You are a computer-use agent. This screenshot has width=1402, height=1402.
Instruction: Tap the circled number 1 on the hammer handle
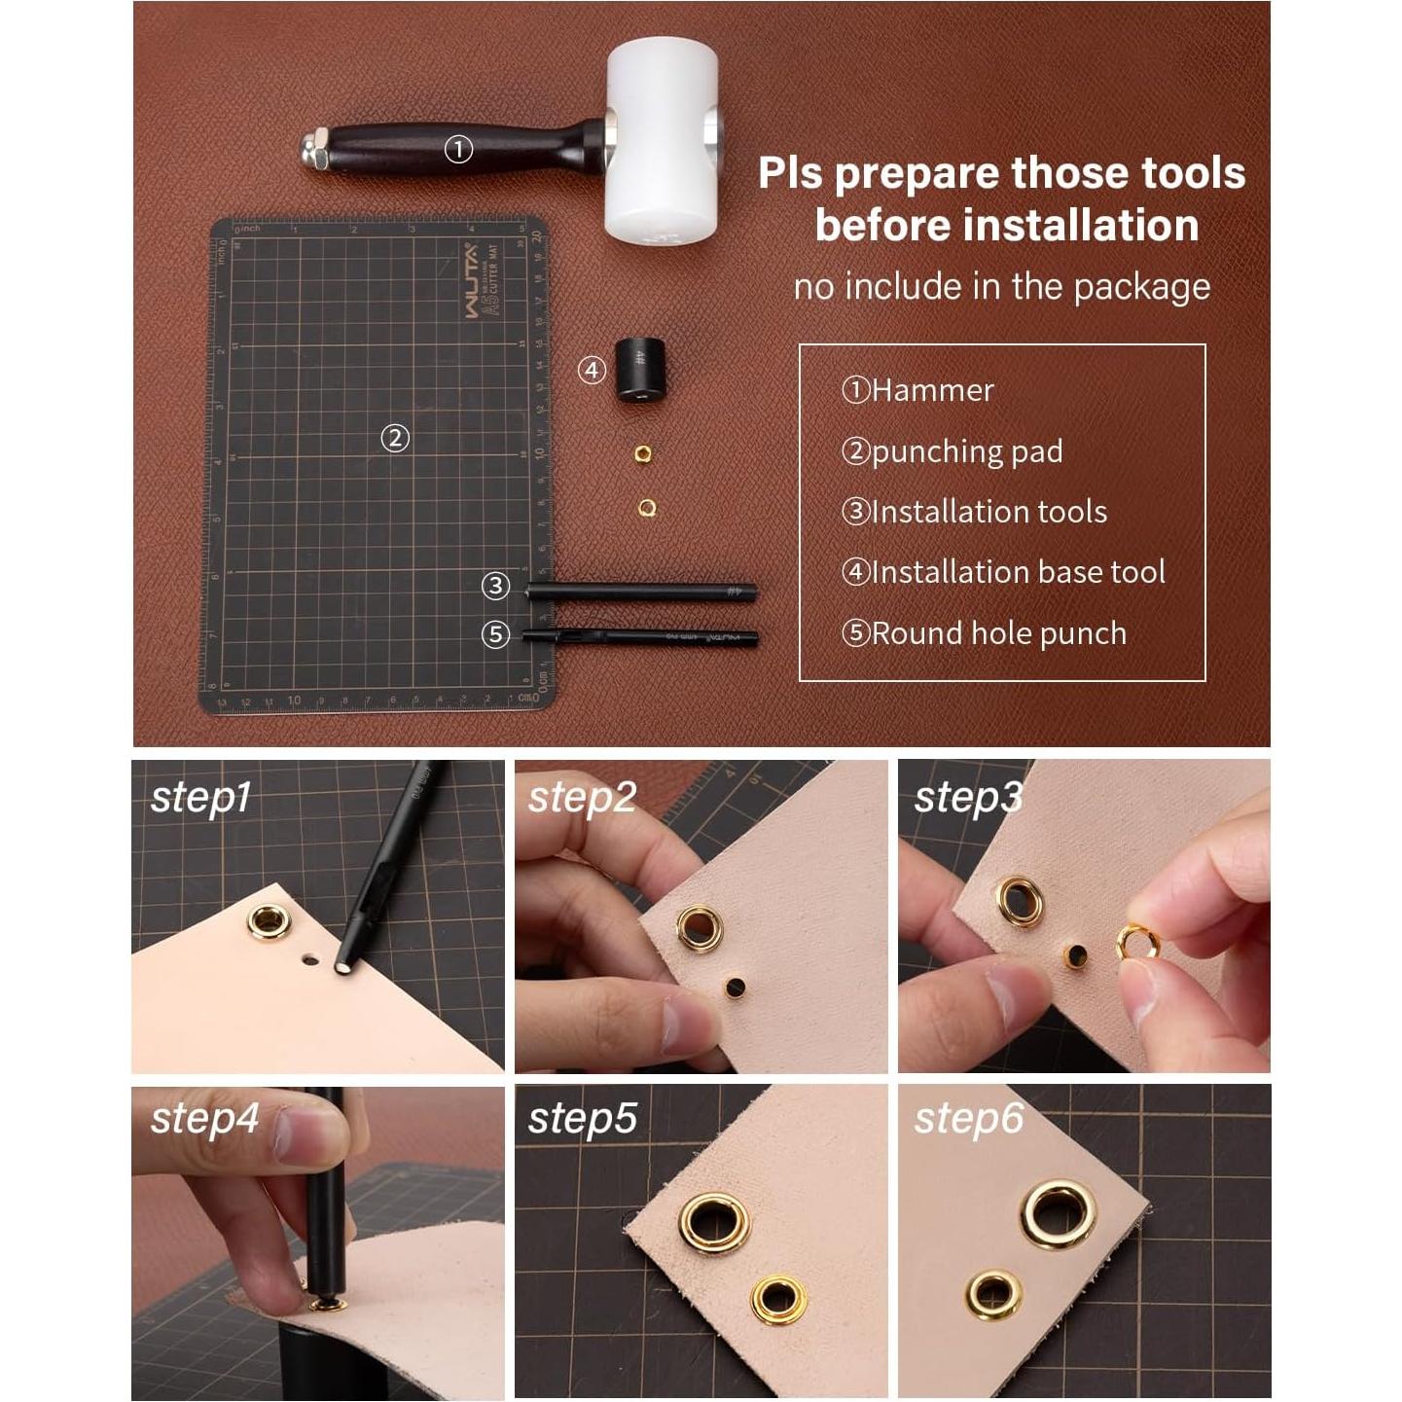click(x=458, y=149)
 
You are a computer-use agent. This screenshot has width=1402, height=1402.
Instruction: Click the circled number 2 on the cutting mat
click(x=394, y=438)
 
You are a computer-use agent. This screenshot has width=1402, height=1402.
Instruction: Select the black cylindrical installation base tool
click(x=638, y=370)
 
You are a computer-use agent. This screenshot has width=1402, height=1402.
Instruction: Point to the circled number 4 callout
click(x=592, y=370)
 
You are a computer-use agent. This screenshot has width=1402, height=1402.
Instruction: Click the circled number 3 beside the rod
click(x=495, y=586)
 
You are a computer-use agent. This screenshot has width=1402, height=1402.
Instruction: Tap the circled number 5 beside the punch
click(x=495, y=634)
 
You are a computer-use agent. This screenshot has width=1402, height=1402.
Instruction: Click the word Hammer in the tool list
click(x=932, y=390)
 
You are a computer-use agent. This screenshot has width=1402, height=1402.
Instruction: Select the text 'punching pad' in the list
click(x=966, y=451)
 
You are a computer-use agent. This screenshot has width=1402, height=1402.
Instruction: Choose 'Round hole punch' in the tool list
click(x=998, y=633)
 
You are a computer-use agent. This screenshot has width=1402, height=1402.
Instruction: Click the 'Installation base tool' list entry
click(x=1018, y=572)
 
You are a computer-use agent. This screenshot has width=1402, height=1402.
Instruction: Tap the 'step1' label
click(x=200, y=798)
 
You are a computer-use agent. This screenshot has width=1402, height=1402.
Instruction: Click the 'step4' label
click(x=204, y=1119)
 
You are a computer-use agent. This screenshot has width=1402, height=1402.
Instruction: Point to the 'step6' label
click(x=968, y=1119)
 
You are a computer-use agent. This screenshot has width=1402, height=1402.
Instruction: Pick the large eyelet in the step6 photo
click(x=1058, y=1213)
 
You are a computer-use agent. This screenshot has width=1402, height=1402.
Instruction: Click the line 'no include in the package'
click(x=1002, y=287)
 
